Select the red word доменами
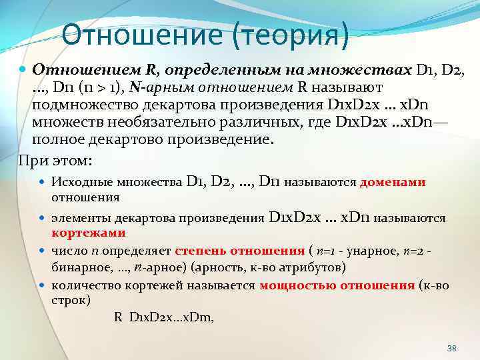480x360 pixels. pyautogui.click(x=393, y=182)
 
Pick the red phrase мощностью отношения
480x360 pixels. pyautogui.click(x=337, y=285)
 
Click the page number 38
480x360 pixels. pyautogui.click(x=452, y=349)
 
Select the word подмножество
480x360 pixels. pyautogui.click(x=83, y=107)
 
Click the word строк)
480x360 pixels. pyautogui.click(x=71, y=300)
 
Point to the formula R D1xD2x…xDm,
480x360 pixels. pyautogui.click(x=163, y=317)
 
